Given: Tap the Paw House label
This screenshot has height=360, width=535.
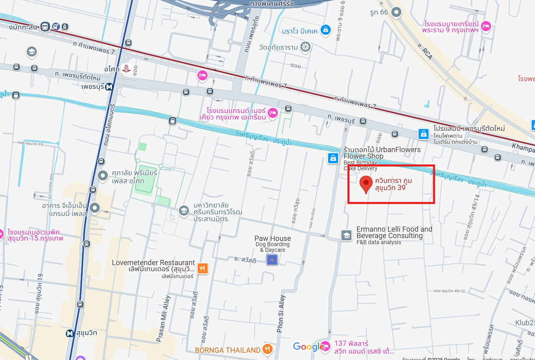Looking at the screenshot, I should pos(273,239).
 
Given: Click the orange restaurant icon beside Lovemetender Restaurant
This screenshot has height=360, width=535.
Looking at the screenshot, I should pos(203,268).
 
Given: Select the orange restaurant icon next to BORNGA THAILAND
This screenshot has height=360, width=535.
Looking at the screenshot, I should pos(267,349).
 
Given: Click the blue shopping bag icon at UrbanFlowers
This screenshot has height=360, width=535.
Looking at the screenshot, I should pos(333,158).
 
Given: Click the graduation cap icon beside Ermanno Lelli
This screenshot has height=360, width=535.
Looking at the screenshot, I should pos(346,235).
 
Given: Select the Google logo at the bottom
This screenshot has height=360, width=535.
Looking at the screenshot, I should pos(308,346).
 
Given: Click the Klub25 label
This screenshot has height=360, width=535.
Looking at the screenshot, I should pos(525,322).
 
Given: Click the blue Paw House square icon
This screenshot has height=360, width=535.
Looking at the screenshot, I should pos(272,260).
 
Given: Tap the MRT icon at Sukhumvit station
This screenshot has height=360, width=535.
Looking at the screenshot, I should pos(70,333).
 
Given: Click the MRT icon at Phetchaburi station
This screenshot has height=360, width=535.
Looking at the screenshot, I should pos(109,86).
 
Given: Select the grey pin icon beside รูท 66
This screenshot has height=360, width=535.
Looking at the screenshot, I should pos(397,12).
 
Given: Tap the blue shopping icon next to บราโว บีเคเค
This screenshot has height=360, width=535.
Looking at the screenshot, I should pos(325,29).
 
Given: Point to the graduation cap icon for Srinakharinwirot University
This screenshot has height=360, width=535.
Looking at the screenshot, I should pos(184,211).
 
